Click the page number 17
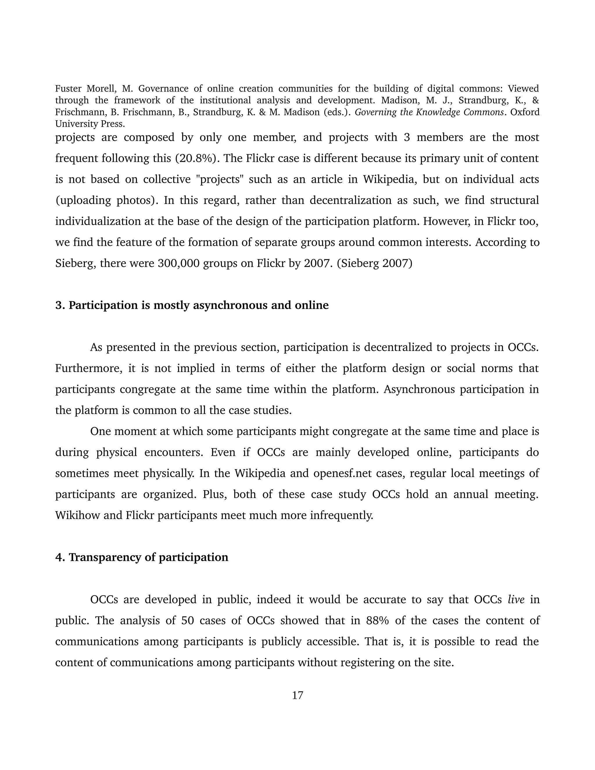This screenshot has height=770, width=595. pos(297,695)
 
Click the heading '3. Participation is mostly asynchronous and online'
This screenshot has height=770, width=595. pos(192,305)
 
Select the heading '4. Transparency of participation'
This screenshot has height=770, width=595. pos(142,557)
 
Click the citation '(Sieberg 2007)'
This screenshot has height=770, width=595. pos(374,263)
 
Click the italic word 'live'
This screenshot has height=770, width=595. pos(516,599)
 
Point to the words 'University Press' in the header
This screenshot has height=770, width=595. pos(90,124)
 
